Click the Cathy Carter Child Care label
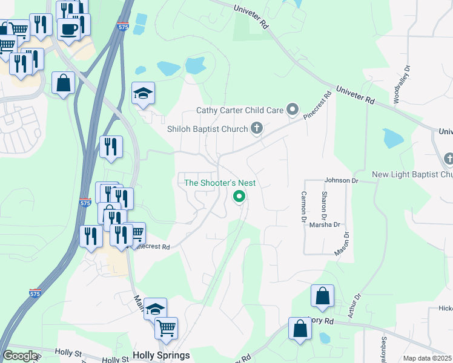click(240, 110)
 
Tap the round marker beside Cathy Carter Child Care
click(293, 110)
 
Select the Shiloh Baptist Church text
click(208, 129)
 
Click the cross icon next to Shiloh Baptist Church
click(257, 128)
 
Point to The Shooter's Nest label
click(220, 183)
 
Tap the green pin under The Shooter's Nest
click(239, 196)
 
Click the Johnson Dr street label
click(342, 180)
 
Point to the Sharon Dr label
click(325, 206)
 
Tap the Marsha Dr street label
click(325, 224)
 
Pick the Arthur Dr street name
click(355, 306)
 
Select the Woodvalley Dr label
click(400, 84)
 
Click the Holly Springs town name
click(161, 355)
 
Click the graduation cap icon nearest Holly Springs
click(156, 309)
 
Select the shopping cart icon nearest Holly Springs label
click(166, 329)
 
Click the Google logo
click(20, 356)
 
